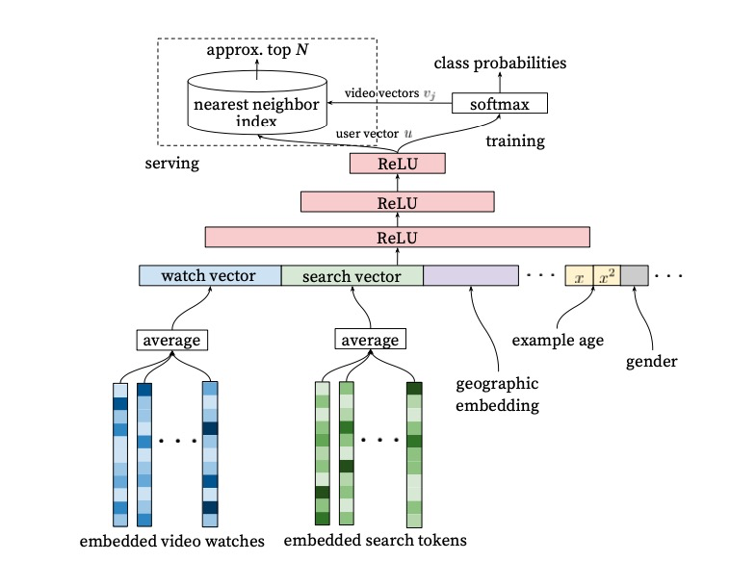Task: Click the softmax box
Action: pos(499,103)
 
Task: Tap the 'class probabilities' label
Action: pos(499,64)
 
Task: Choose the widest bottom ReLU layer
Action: pos(397,238)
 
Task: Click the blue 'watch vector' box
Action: pos(210,276)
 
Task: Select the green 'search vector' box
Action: pos(352,276)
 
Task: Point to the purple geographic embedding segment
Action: pos(471,276)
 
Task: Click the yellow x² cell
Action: pos(607,276)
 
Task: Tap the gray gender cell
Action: pos(634,276)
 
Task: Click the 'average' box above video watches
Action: pos(172,340)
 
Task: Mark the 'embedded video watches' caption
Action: pos(172,541)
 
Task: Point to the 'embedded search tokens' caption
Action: pos(375,541)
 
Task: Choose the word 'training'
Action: pos(515,141)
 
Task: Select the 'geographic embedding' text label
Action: pos(496,394)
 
